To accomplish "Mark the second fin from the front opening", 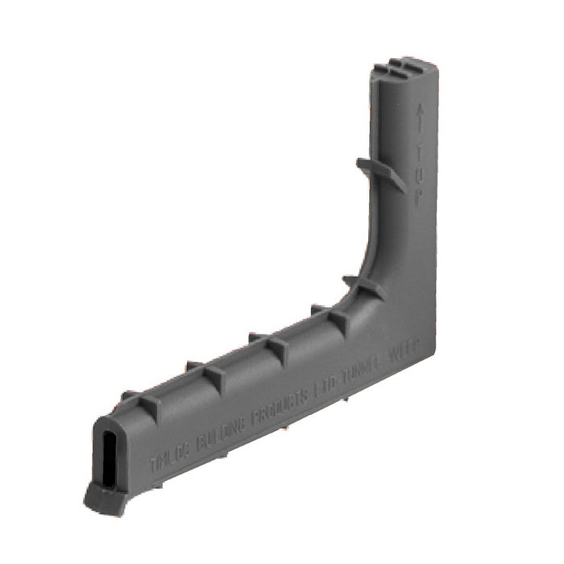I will click(206, 373).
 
